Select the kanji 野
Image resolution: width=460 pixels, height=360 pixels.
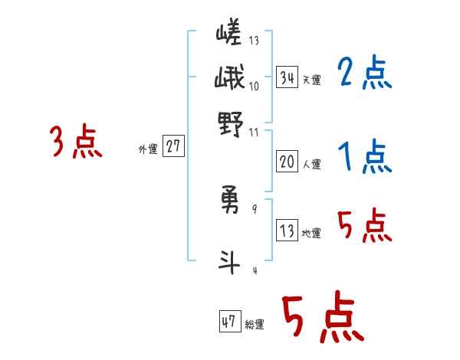(230, 123)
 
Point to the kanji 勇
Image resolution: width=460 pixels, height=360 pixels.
(230, 200)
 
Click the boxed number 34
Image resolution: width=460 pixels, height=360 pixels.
(287, 77)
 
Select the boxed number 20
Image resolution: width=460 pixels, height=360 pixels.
(287, 162)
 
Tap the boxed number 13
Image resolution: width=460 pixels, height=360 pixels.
(287, 231)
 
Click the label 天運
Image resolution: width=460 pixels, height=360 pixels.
(311, 80)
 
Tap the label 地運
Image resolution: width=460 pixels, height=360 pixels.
(311, 233)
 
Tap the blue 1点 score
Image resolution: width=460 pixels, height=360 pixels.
(364, 158)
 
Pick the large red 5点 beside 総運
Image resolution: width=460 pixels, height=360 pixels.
(322, 317)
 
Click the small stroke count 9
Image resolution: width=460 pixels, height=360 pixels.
(254, 209)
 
